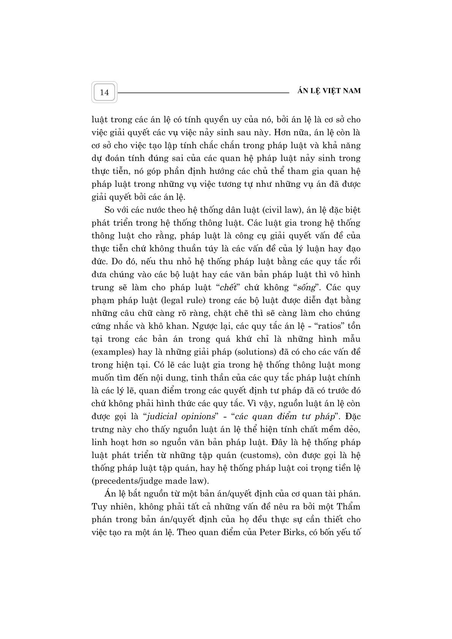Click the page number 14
tap(104, 92)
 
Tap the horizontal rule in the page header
tap(203, 92)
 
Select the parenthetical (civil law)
tap(260, 210)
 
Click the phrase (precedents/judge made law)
tap(150, 481)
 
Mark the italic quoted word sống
tap(306, 287)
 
